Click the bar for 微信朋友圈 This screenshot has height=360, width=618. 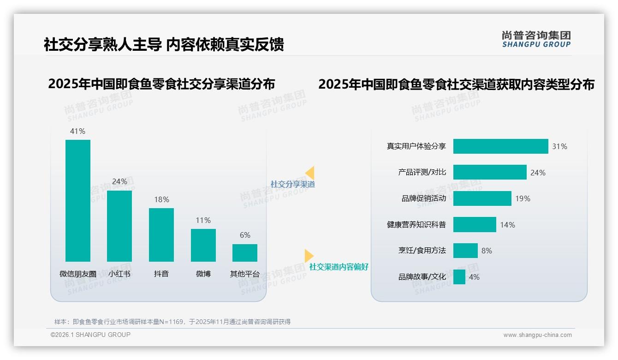point(78,200)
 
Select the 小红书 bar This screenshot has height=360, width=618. point(119,226)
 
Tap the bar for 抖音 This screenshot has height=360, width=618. point(161,234)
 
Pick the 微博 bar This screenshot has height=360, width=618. point(203,245)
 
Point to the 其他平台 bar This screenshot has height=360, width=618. point(245,252)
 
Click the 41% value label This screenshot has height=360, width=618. point(77,131)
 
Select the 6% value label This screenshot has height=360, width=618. point(245,235)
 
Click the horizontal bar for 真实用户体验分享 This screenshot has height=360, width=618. point(500,146)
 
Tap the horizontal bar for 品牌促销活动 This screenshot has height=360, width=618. point(482,198)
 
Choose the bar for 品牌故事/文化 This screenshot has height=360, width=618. point(459,277)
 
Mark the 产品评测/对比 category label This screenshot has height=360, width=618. point(422,172)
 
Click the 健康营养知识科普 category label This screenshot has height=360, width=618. point(416,225)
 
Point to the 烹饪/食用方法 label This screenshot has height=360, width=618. point(422,251)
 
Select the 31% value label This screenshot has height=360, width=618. point(559,146)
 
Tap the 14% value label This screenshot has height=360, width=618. point(507,225)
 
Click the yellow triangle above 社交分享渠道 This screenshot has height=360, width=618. point(310,173)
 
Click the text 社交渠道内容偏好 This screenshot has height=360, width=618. point(339,267)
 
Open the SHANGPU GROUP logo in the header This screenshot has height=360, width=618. point(536,39)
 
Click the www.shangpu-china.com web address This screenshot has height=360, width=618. point(537,335)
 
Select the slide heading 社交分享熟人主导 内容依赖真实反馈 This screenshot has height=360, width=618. point(164,44)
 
